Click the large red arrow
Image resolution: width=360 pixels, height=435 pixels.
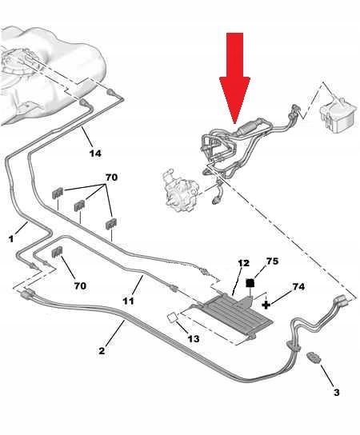pyautogui.click(x=235, y=78)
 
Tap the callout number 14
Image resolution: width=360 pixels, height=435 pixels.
pyautogui.click(x=95, y=154)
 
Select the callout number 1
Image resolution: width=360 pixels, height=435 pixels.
pyautogui.click(x=11, y=238)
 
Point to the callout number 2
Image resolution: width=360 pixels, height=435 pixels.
pyautogui.click(x=102, y=351)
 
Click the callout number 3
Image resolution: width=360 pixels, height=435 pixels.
pyautogui.click(x=337, y=393)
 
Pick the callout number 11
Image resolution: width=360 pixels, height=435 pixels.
pyautogui.click(x=128, y=301)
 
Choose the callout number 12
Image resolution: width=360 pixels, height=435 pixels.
pyautogui.click(x=243, y=263)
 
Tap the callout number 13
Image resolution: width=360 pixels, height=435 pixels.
pyautogui.click(x=194, y=339)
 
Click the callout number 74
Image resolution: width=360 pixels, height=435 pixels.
pyautogui.click(x=298, y=286)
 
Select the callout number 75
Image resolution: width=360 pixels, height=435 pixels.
pyautogui.click(x=272, y=261)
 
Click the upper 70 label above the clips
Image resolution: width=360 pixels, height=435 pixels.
pyautogui.click(x=111, y=178)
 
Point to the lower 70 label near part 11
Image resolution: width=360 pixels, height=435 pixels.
pyautogui.click(x=80, y=285)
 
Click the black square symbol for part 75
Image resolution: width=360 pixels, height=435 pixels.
pyautogui.click(x=250, y=283)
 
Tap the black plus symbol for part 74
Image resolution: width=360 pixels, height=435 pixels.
pyautogui.click(x=266, y=305)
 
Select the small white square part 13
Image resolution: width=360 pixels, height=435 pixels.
pyautogui.click(x=172, y=317)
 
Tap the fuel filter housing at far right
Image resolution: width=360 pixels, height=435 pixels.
pyautogui.click(x=338, y=117)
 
